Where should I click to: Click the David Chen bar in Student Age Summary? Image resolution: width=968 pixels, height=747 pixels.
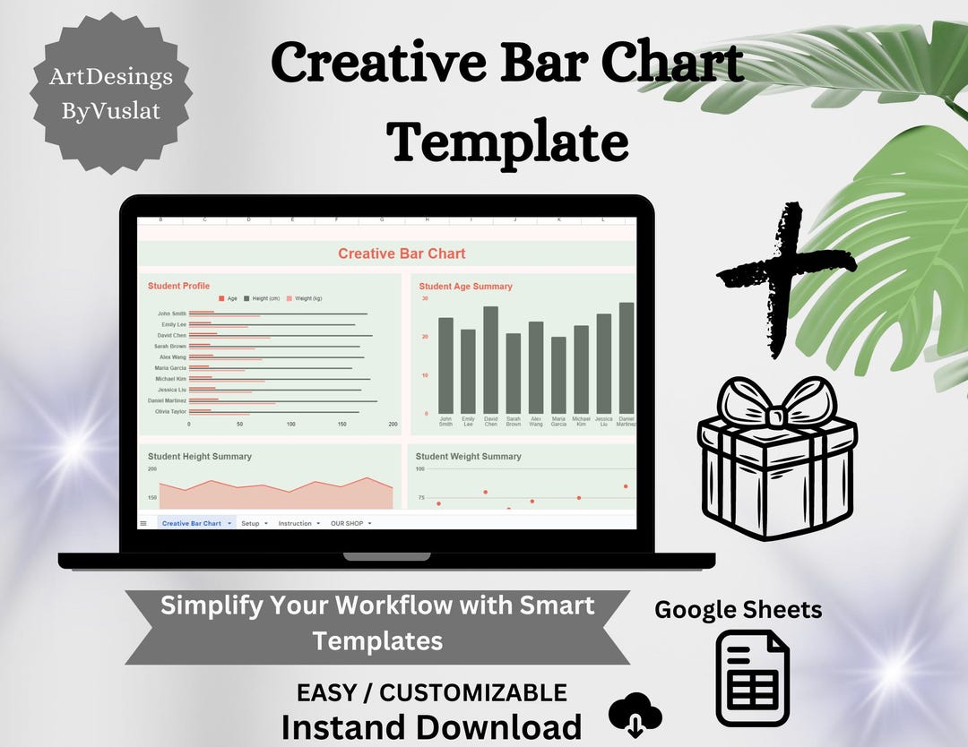490,358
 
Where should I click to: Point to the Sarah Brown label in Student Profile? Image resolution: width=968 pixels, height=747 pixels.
170,346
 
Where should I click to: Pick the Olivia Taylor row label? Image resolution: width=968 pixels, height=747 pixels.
170,411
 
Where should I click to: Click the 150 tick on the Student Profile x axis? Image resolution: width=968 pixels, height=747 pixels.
341,424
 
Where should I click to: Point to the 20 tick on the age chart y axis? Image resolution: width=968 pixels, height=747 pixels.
425,336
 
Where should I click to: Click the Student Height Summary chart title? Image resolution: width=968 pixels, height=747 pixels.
200,456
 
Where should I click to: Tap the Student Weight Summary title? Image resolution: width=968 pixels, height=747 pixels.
468,456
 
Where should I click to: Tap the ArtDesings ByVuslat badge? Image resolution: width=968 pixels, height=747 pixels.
111,93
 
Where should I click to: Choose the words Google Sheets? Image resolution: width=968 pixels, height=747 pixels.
738,610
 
